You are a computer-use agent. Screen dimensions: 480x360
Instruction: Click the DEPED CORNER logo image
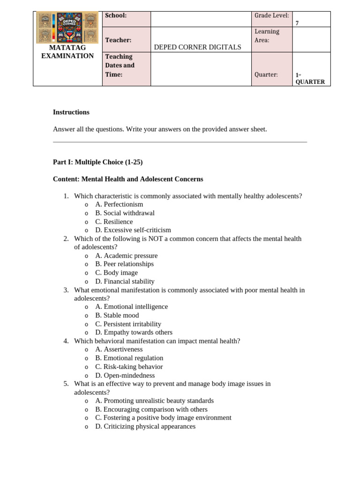pos(67,28)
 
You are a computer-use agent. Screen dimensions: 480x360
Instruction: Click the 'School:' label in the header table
pos(116,15)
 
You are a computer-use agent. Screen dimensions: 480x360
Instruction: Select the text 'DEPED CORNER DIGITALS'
pos(197,47)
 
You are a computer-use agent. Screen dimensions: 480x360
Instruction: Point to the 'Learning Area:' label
pos(267,36)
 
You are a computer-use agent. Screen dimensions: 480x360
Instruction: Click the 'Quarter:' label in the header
pos(266,75)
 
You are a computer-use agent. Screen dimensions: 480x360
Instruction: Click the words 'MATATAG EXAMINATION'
pos(67,52)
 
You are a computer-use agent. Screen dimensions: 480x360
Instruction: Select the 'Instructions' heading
pos(71,112)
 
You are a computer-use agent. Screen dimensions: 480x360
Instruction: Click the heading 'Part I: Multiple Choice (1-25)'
pos(97,162)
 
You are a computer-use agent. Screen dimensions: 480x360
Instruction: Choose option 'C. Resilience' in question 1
pos(114,222)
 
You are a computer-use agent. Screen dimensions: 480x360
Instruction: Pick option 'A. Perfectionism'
pos(119,204)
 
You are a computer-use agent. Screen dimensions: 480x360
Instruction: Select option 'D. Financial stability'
pos(125,281)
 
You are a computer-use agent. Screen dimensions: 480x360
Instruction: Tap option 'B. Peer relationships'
pos(124,264)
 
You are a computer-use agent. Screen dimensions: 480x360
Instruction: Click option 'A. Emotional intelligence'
pos(131,307)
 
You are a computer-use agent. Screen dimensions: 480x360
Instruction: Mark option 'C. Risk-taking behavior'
pos(129,367)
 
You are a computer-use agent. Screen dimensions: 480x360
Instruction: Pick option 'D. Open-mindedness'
pos(125,375)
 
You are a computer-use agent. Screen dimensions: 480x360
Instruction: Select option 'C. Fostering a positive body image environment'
pos(163,418)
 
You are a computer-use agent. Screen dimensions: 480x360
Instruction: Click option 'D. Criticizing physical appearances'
pos(145,427)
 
